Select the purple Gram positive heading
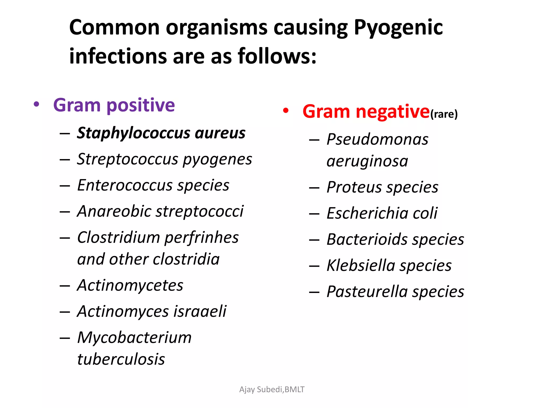coord(114,105)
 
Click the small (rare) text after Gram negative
coord(444,114)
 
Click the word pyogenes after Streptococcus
coord(217,159)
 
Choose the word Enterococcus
coord(125,185)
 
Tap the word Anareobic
coord(114,211)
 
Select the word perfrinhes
coord(202,237)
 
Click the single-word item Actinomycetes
coord(130,285)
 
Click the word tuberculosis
coord(121,359)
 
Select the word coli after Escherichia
coord(425,213)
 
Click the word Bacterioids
coord(367,239)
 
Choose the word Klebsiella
coord(361,265)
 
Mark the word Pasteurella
coord(367,292)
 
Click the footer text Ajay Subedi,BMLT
coord(272,389)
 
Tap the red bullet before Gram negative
coord(286,111)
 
